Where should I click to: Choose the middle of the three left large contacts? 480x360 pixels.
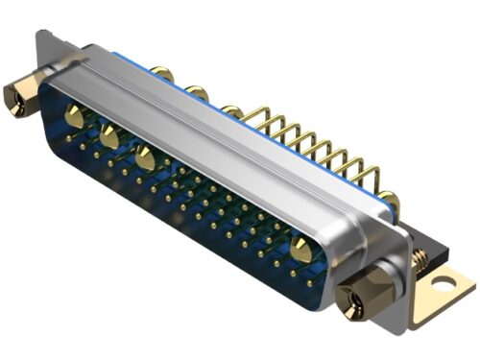(108, 136)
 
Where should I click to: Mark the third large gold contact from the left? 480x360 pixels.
(145, 157)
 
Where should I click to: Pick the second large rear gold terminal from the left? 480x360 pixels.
(197, 93)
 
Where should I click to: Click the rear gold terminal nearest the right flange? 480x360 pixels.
(389, 199)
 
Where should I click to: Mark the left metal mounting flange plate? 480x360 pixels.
(43, 58)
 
